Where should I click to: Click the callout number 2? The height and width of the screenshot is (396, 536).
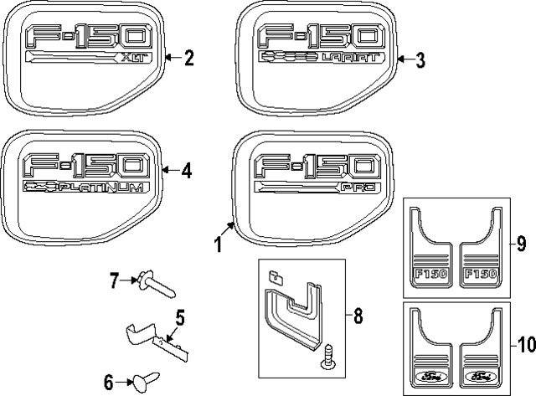coord(188,58)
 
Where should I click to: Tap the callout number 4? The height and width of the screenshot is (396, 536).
coord(186,170)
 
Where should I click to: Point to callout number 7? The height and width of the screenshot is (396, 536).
coord(116,280)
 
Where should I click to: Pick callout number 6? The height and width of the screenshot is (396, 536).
coord(108,382)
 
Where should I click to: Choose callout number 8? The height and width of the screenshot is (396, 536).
coord(358,316)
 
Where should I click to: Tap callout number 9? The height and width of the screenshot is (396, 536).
coord(520,244)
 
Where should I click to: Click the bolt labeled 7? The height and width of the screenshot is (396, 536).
coord(155,285)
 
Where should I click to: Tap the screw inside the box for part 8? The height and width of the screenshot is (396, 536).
coord(329,359)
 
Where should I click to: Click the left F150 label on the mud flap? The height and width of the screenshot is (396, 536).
coord(430,274)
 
